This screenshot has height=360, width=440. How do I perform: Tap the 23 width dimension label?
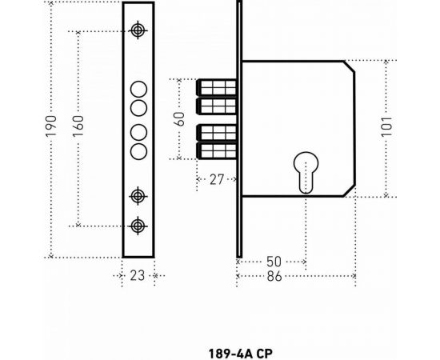click(138, 275)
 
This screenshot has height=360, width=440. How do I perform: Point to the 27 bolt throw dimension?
click(215, 181)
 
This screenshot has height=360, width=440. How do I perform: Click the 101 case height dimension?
click(388, 128)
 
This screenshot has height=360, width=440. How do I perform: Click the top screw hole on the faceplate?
click(138, 30)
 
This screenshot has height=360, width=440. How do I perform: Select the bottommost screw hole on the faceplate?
click(138, 226)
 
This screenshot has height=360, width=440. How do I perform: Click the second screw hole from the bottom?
click(138, 195)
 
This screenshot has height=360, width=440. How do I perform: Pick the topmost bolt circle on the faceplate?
click(138, 90)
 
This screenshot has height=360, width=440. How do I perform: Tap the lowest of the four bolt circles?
click(138, 152)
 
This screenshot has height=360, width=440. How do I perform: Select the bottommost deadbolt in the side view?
click(215, 150)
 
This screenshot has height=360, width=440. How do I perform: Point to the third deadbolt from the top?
click(215, 130)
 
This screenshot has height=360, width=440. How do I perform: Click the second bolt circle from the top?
click(138, 108)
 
